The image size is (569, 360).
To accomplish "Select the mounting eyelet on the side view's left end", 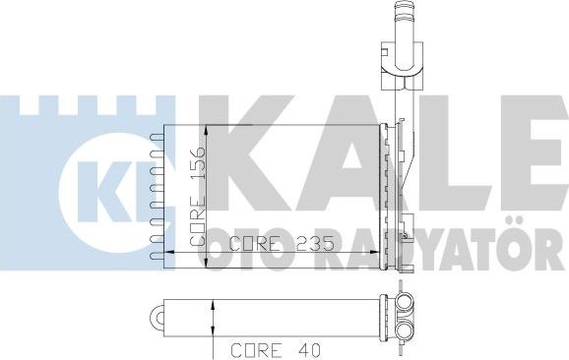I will [157, 317].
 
